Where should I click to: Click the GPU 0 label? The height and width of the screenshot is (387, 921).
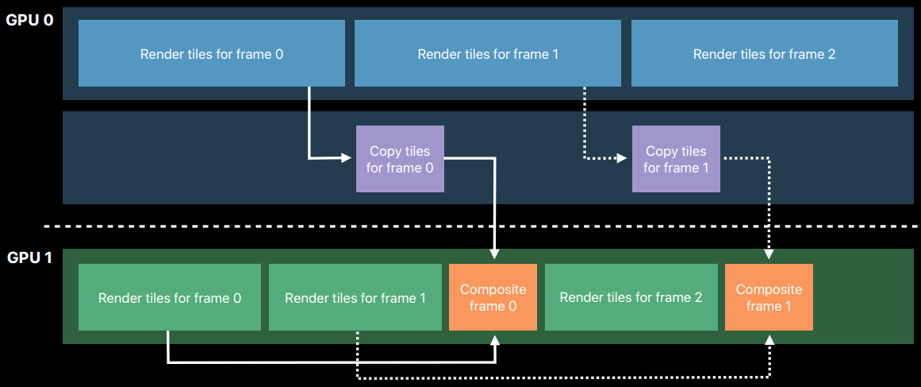[29, 20]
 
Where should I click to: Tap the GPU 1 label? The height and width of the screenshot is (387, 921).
[29, 257]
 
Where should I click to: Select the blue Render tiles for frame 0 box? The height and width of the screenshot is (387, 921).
[212, 53]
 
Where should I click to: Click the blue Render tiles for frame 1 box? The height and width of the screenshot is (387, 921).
[488, 53]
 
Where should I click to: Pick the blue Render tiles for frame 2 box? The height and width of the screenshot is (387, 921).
[764, 53]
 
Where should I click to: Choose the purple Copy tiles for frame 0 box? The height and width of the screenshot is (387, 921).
[400, 159]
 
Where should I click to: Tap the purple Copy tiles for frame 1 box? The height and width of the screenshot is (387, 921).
[676, 159]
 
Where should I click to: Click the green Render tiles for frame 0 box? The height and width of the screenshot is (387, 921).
[170, 297]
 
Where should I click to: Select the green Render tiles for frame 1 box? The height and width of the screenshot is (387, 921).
[355, 297]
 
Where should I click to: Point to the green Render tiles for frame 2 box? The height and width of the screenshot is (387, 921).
[631, 297]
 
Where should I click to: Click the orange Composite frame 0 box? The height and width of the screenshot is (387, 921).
[493, 297]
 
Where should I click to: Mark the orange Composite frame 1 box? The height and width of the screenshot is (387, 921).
[769, 297]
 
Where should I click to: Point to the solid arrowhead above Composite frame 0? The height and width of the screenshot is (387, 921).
[494, 253]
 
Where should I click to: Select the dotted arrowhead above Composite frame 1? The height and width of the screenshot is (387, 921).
[769, 253]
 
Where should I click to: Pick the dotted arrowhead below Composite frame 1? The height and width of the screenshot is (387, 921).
[769, 341]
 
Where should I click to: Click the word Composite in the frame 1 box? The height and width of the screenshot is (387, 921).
[769, 289]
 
